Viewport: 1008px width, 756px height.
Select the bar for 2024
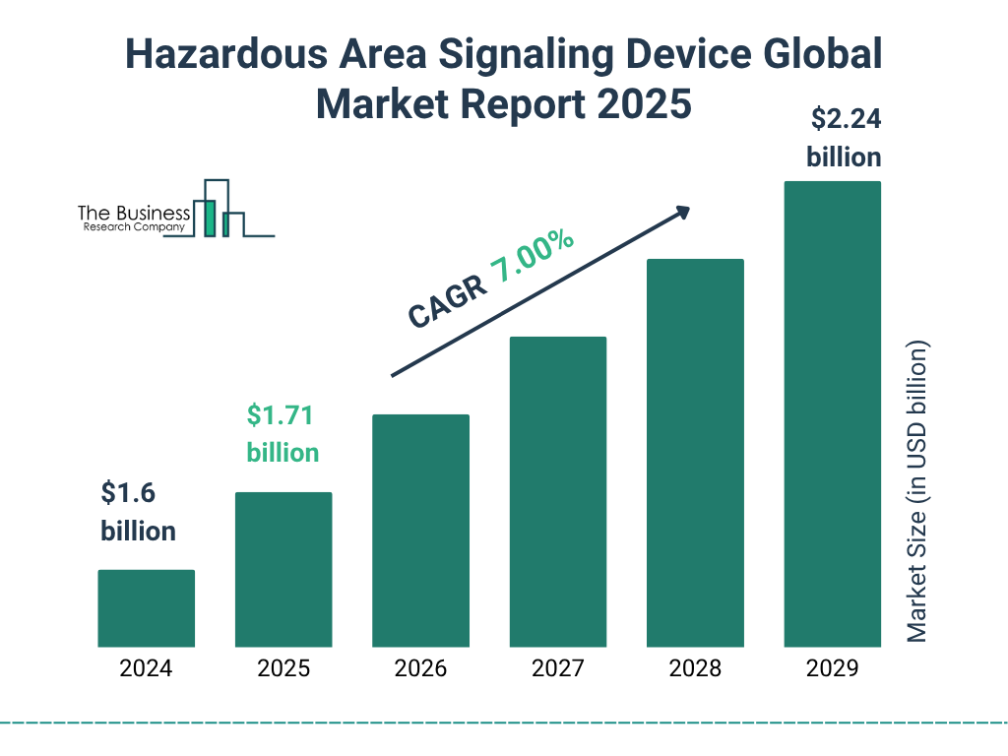pos(146,608)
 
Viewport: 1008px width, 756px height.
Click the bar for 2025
pos(283,569)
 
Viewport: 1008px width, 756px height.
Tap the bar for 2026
pos(420,531)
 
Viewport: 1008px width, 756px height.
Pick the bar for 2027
pos(557,491)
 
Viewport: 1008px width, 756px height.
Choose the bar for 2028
pos(695,453)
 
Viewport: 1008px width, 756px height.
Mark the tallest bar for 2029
pos(832,413)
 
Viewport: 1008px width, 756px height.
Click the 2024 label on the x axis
pos(146,669)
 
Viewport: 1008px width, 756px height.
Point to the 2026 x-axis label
pos(420,669)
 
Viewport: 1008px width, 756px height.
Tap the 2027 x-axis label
pos(557,669)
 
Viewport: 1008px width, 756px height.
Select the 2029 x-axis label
pos(832,669)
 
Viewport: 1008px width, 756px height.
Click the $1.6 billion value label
pos(138,512)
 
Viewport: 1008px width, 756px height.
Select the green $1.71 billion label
pos(283,434)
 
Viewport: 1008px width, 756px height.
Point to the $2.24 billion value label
pos(844,139)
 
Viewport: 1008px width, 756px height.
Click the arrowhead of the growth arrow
pos(681,212)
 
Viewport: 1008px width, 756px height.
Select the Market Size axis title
pos(917,492)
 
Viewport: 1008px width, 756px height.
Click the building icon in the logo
pos(219,209)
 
